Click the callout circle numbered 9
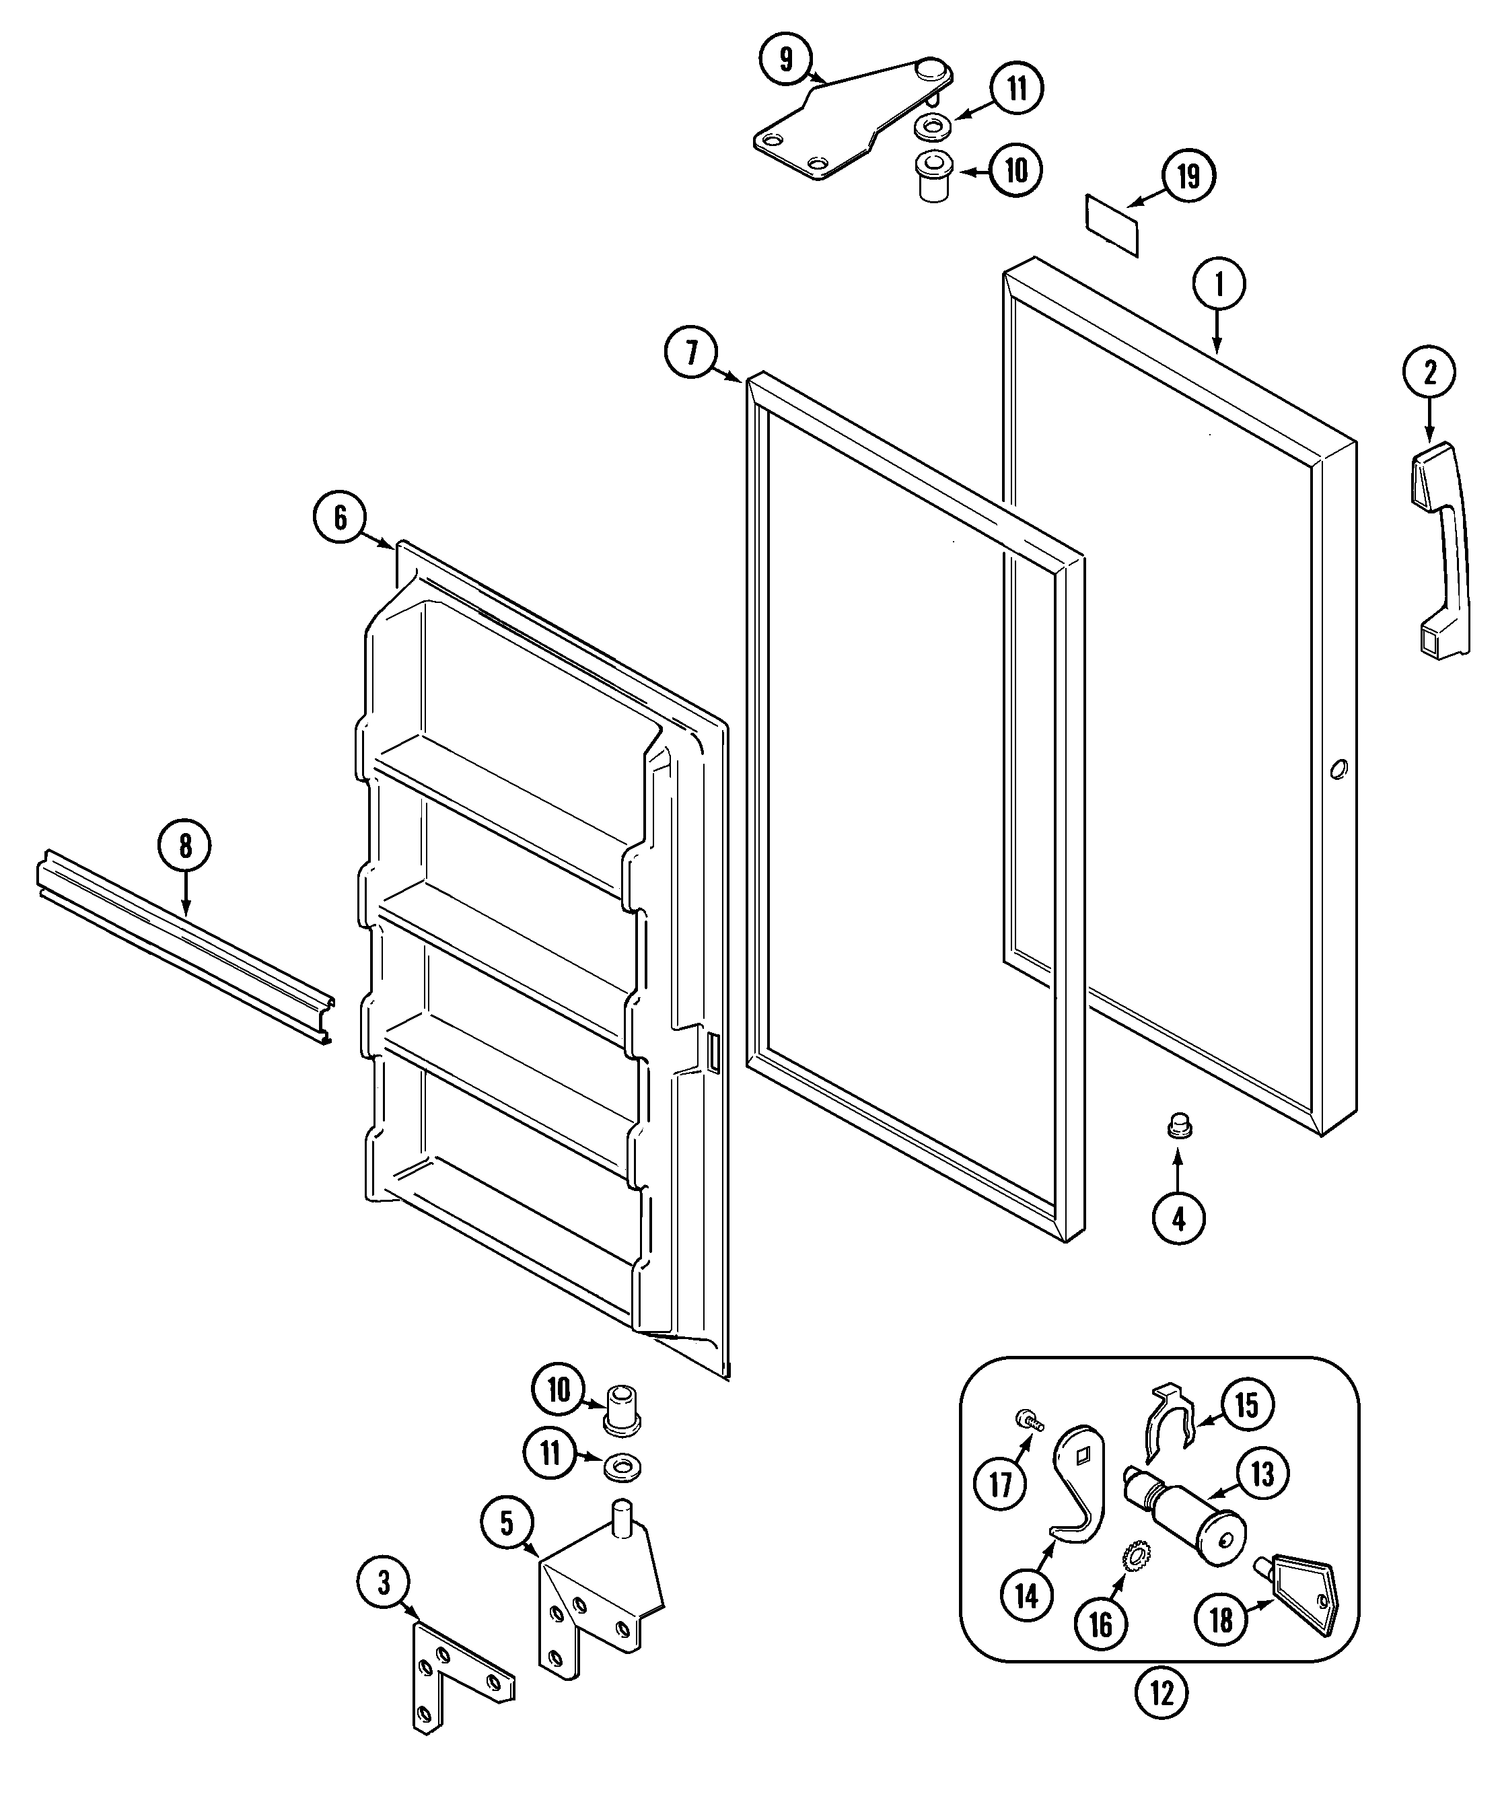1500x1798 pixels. click(x=786, y=60)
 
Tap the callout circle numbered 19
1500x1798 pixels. click(x=1188, y=176)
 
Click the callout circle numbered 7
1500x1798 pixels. click(x=692, y=353)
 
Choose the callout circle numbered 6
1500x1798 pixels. click(x=340, y=517)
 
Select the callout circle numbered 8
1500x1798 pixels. click(x=185, y=847)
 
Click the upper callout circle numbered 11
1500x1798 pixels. click(x=1016, y=89)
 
